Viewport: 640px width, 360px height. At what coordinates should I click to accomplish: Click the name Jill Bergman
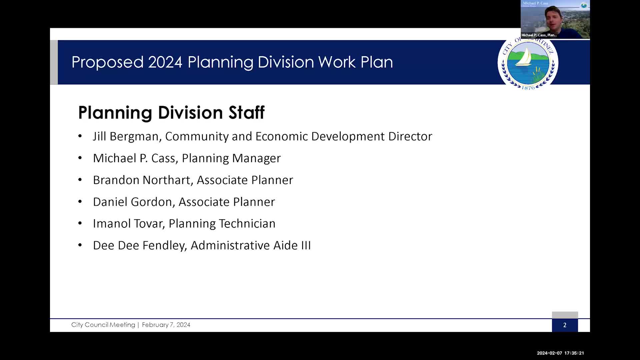point(125,136)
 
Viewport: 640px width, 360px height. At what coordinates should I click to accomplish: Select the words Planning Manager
point(231,158)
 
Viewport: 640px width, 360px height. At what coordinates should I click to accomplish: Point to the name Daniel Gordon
point(132,202)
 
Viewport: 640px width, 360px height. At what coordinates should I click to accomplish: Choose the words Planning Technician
point(222,224)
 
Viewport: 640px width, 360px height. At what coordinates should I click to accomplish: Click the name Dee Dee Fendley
point(138,246)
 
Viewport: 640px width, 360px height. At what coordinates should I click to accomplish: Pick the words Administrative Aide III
point(250,246)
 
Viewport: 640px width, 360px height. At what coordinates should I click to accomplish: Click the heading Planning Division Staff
point(171,112)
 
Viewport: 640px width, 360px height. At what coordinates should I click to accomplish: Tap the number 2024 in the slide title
point(165,62)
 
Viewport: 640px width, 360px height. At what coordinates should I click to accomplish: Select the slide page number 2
point(565,325)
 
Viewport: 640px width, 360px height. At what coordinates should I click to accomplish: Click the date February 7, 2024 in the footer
point(166,325)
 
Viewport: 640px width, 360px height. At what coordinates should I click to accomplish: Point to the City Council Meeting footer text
point(103,325)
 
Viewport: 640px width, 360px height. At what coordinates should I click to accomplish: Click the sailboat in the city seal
point(524,57)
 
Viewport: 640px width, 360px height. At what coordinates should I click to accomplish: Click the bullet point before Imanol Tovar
point(80,223)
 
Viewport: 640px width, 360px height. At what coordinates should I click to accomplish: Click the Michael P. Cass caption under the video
point(539,35)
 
